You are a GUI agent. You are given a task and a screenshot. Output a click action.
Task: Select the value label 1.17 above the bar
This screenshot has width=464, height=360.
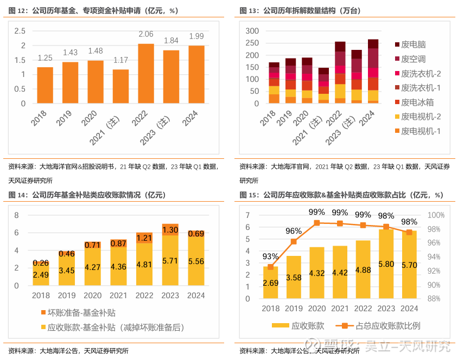[x=120, y=60]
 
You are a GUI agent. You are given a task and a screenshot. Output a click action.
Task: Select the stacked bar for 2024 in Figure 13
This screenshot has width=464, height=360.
[x=373, y=71]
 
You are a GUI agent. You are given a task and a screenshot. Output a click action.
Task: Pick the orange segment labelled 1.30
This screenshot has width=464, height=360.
[x=170, y=230]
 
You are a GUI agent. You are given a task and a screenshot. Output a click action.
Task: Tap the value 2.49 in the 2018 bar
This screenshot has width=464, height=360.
[x=41, y=275]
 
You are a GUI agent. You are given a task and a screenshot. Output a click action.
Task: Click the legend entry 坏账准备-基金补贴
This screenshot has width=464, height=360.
[x=82, y=313]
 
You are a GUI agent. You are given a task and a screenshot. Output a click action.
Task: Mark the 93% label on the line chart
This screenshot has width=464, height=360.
[x=270, y=256]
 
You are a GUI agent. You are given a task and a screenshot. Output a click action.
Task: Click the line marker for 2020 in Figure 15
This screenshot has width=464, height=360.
[x=317, y=223]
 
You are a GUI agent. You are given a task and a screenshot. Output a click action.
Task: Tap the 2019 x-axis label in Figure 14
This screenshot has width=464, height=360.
[x=67, y=295]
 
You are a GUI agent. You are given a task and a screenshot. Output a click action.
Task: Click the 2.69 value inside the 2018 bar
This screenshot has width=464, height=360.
[x=270, y=282]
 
